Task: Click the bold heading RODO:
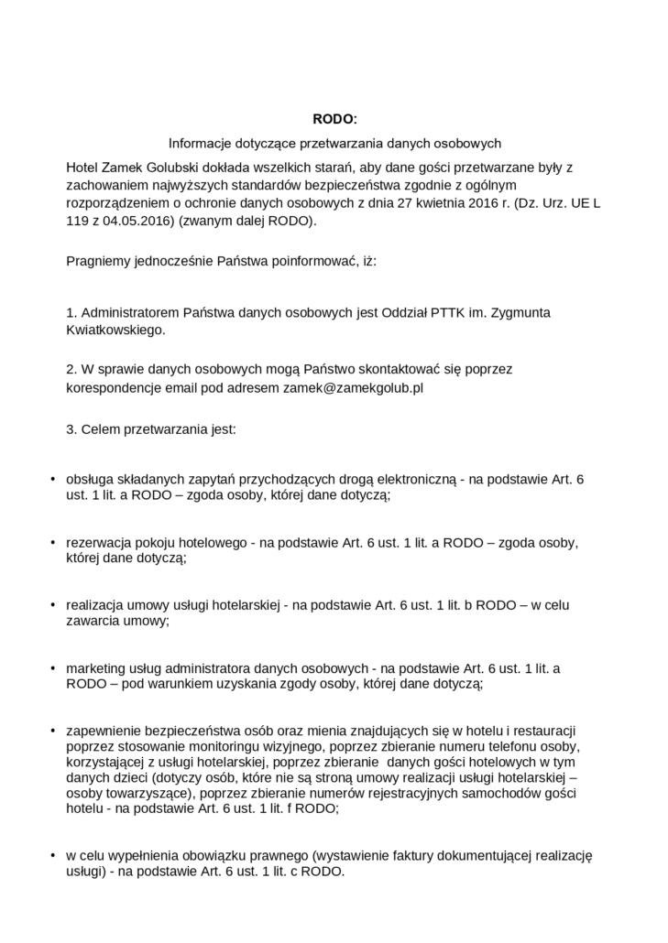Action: [334, 119]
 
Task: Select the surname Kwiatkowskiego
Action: [115, 330]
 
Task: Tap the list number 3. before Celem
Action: [71, 428]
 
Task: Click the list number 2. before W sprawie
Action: [71, 369]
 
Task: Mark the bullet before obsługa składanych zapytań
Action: [52, 479]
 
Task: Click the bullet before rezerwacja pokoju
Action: [52, 542]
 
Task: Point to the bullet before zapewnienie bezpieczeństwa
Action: [52, 730]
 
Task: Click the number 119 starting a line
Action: [78, 221]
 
